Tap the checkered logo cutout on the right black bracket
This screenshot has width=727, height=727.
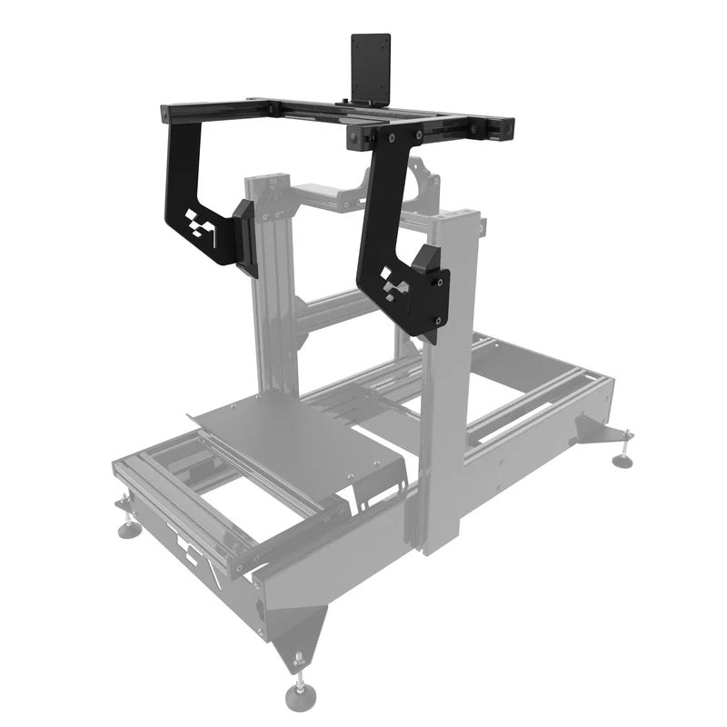[x=393, y=283]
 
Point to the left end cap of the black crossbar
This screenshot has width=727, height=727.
[x=164, y=114]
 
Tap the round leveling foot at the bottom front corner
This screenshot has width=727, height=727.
[x=299, y=695]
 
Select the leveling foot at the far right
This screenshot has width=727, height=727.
[x=622, y=460]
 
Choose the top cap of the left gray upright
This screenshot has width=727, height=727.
[x=265, y=179]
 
